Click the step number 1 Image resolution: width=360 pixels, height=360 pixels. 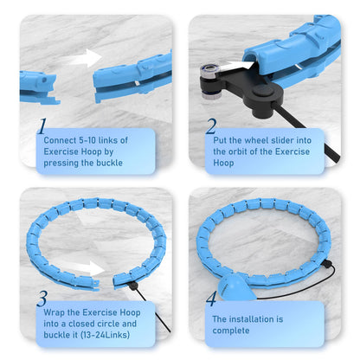tap(42, 126)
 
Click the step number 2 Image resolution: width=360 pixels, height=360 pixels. tap(211, 126)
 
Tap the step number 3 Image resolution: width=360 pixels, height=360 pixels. tap(42, 299)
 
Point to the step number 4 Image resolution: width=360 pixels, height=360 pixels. tap(211, 299)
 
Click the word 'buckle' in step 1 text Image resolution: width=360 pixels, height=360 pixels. tap(109, 163)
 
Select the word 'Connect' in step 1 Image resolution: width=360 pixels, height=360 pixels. tap(60, 140)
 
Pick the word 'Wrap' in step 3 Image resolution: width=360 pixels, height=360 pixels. tap(54, 312)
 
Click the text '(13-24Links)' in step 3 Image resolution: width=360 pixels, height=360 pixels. tap(105, 335)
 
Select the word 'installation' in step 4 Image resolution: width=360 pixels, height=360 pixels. tap(247, 319)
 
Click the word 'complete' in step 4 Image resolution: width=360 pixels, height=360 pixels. tap(231, 331)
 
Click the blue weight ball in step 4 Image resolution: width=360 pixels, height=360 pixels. tap(235, 287)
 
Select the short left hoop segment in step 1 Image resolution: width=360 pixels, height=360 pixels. tap(38, 87)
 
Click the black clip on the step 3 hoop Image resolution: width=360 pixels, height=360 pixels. tap(132, 286)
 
